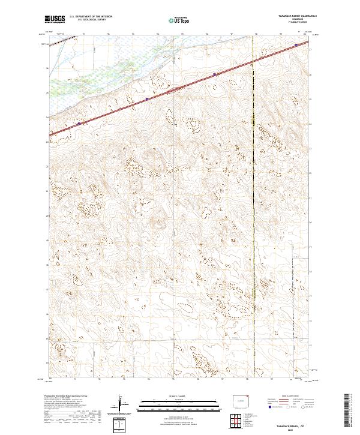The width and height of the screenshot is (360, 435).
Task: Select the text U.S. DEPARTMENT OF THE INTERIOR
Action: [x=91, y=17]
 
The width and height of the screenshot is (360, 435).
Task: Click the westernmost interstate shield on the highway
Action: [x=78, y=124]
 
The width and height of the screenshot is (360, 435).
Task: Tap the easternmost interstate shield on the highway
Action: [x=296, y=44]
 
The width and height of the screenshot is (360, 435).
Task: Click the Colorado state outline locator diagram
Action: [x=240, y=400]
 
